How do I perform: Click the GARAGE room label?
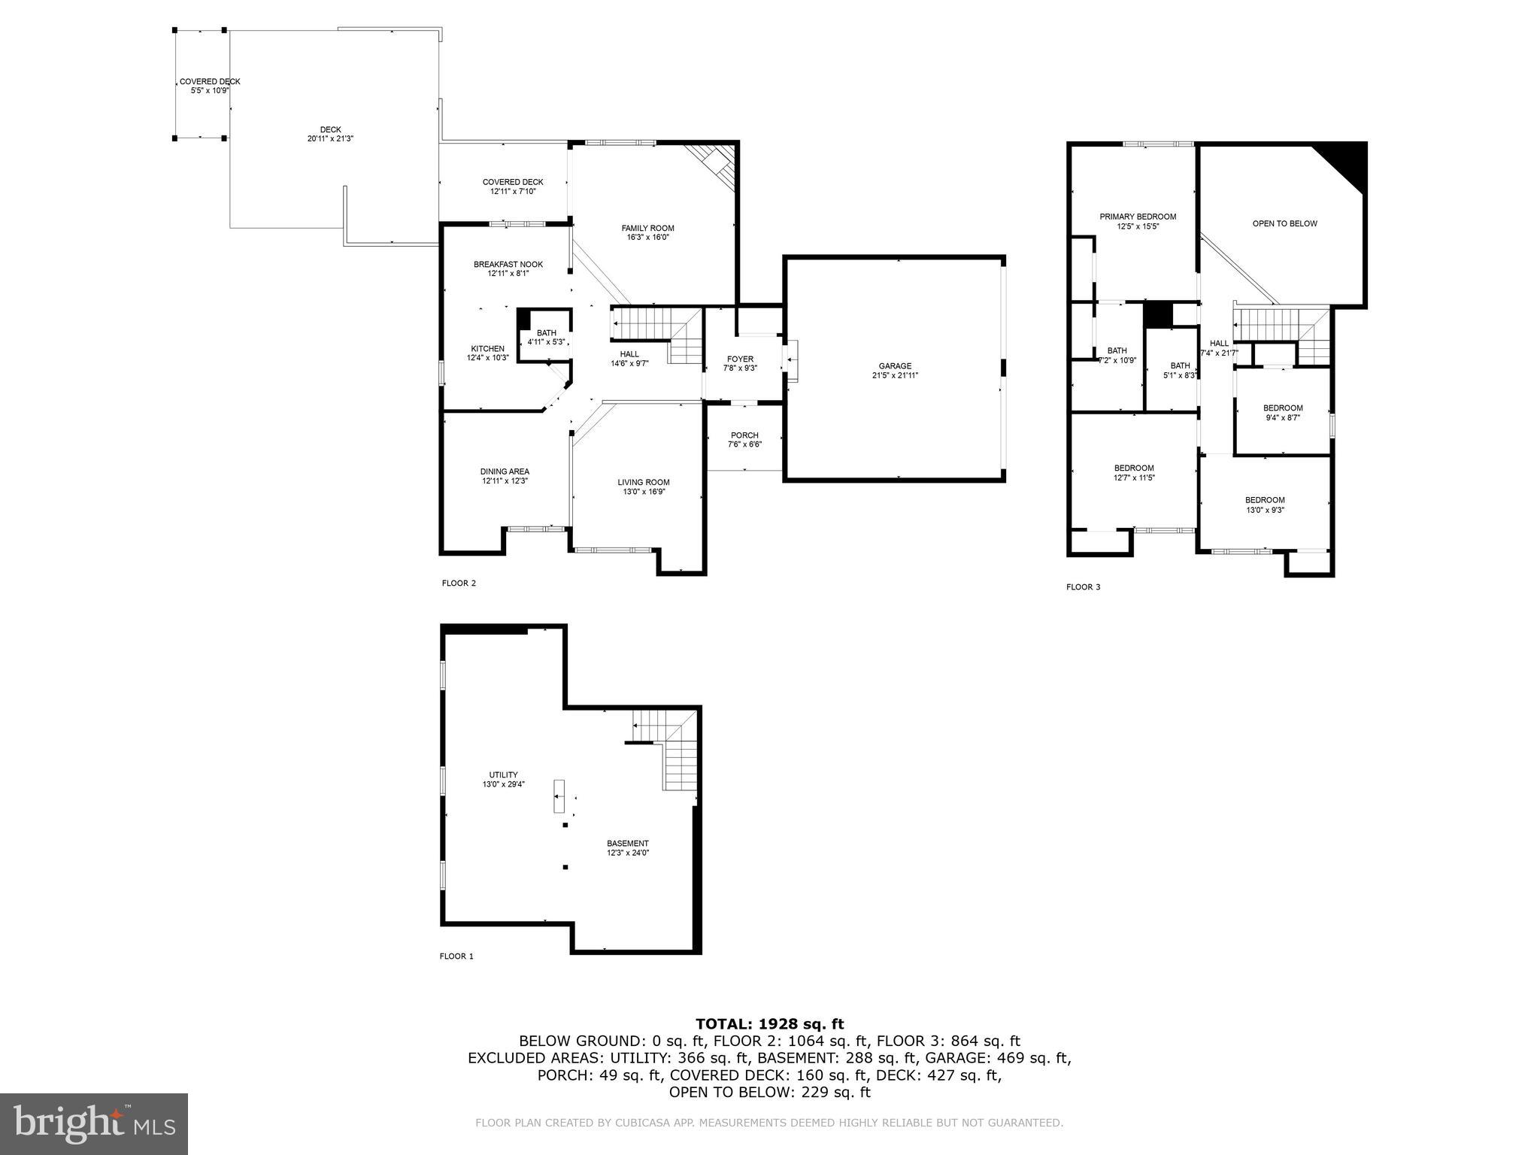[x=895, y=366]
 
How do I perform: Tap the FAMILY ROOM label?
[x=647, y=229]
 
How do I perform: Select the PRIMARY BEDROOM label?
[x=1137, y=217]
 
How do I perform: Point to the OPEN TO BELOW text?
[x=1284, y=223]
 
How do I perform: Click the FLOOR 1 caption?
[x=456, y=956]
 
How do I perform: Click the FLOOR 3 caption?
[x=1083, y=587]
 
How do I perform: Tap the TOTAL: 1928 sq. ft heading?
[x=769, y=1023]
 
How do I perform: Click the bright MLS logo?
[x=94, y=1123]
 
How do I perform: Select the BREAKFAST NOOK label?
[x=508, y=265]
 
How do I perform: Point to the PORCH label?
[x=744, y=435]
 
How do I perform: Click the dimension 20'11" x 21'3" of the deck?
[x=330, y=139]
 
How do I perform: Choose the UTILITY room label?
[x=503, y=775]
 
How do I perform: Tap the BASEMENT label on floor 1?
[x=628, y=844]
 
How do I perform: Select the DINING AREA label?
[x=505, y=471]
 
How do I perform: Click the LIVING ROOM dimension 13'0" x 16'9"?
[x=644, y=492]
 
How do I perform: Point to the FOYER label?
[x=740, y=359]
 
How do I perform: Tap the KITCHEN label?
[x=487, y=349]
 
